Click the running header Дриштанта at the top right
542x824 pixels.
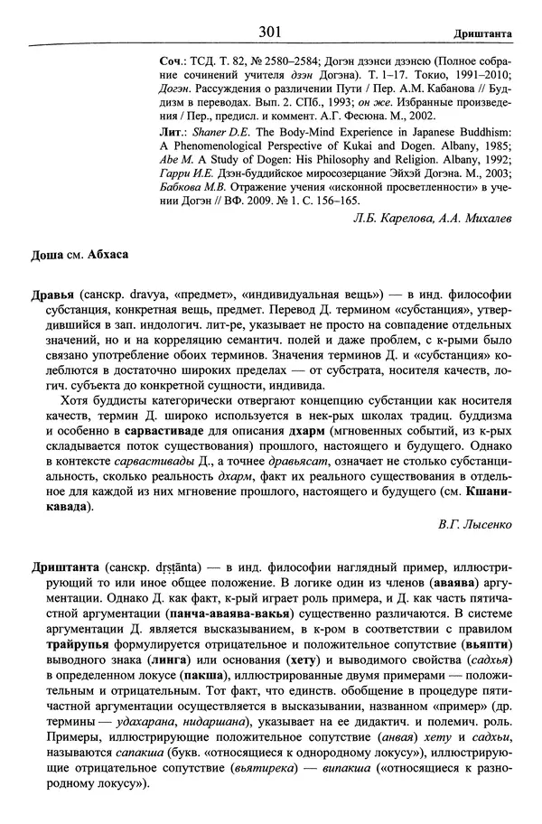(484, 33)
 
